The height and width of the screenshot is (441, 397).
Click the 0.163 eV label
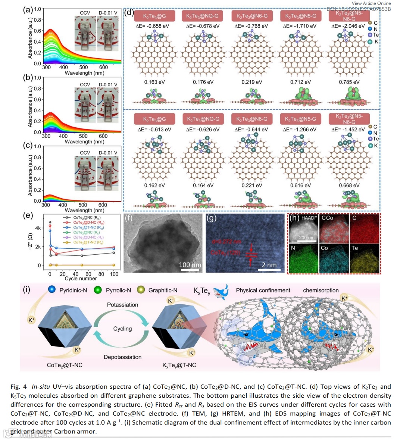tap(154, 82)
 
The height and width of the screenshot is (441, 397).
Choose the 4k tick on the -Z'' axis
tap(38, 228)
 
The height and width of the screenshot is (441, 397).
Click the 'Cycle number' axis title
tap(81, 279)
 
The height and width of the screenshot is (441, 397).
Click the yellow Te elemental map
tap(365, 258)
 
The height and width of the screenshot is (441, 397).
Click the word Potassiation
tap(122, 305)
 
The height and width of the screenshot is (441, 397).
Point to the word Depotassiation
tap(122, 357)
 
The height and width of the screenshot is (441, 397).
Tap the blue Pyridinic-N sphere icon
tap(52, 290)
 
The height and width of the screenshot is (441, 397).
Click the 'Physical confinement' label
tap(263, 290)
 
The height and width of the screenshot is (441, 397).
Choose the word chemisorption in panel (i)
tap(321, 290)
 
